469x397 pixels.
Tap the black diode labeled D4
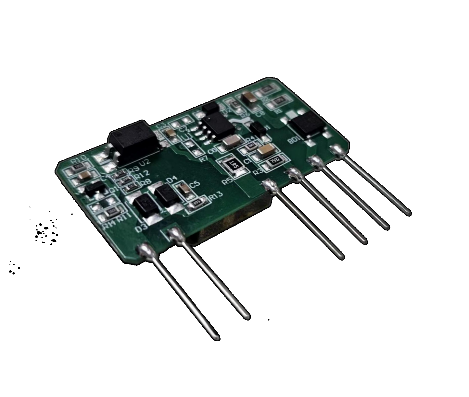point(165,194)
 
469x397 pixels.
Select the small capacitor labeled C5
point(184,189)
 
